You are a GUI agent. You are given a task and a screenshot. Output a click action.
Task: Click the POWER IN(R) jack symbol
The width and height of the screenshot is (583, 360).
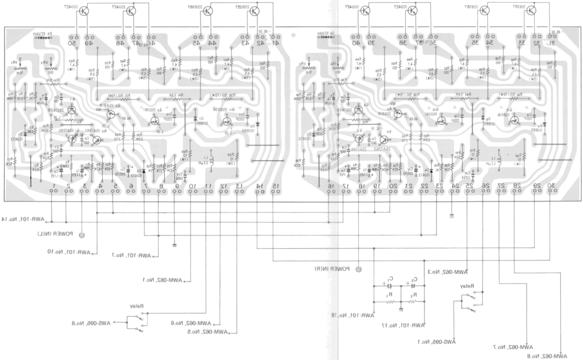[359, 269]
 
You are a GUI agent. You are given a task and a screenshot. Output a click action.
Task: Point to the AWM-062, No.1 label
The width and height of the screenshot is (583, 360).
[162, 280]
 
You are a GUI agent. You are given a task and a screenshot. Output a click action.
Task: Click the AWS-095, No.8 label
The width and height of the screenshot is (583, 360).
[91, 323]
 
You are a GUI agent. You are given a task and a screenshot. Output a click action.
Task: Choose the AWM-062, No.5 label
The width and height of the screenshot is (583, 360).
[207, 332]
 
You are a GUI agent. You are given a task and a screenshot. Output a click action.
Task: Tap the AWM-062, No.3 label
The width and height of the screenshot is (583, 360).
[447, 272]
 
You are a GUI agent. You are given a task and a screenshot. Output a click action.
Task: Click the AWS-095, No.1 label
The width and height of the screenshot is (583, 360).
[437, 342]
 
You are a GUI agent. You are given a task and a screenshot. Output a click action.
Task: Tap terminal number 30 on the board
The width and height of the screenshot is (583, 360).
[551, 186]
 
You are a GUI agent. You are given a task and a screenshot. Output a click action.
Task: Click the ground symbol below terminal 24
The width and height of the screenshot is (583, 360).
[451, 215]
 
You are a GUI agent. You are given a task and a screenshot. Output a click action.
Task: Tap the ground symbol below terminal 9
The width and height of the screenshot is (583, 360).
[175, 245]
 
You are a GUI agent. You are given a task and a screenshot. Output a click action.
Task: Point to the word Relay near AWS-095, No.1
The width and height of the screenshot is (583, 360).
[467, 286]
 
